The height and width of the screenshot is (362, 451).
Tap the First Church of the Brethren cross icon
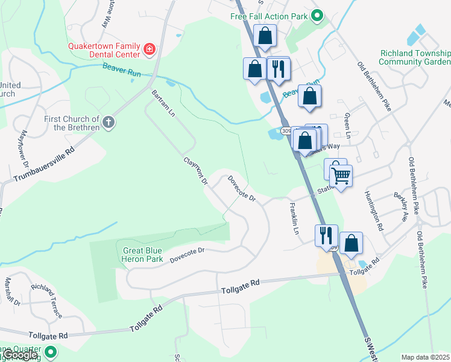(x=109, y=123)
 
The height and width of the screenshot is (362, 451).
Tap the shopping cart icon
(x=341, y=176)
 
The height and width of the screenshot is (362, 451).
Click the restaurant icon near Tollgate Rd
(x=326, y=235)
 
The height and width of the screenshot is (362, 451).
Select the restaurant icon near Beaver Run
(x=278, y=68)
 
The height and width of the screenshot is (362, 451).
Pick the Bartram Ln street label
(x=159, y=104)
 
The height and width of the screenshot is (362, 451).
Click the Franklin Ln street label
(x=294, y=218)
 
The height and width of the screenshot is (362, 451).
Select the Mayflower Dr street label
(x=25, y=148)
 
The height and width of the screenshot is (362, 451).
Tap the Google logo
(x=21, y=355)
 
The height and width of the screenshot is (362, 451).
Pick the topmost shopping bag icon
(x=265, y=36)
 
